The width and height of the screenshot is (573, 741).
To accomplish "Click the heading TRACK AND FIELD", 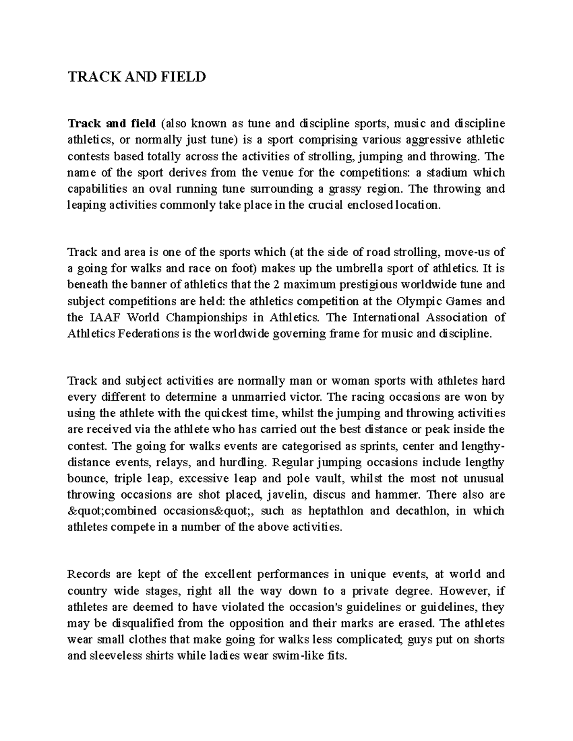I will (137, 76).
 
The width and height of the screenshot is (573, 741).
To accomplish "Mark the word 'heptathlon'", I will (337, 511).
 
